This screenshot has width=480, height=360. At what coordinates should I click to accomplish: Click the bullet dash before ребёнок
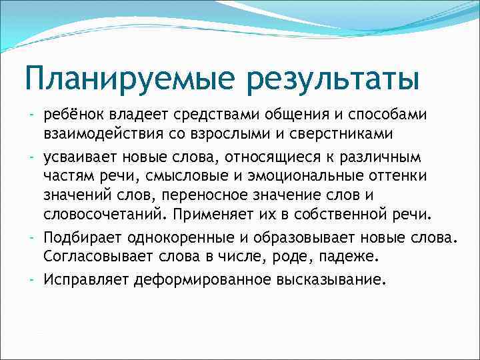[x=33, y=115]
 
